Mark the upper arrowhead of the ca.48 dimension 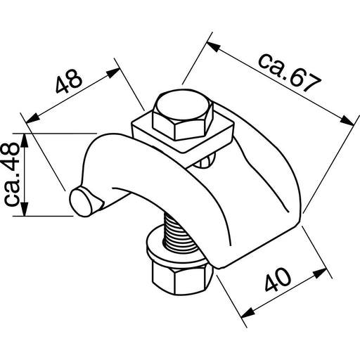tap(26, 137)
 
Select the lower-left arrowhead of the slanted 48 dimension tap(29, 116)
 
